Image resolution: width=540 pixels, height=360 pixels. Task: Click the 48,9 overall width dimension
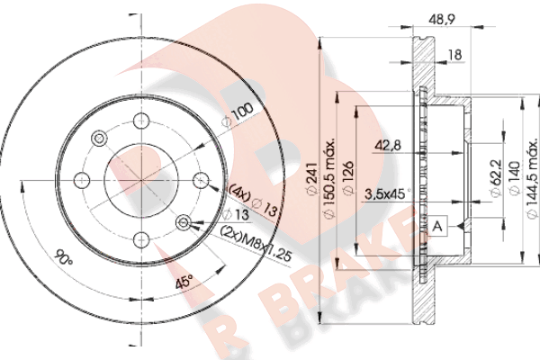coord(442,20)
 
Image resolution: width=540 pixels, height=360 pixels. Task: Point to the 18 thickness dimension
coord(454,55)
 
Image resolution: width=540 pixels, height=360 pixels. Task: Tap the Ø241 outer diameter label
coord(311,179)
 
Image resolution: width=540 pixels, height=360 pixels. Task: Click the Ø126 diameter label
coord(347,177)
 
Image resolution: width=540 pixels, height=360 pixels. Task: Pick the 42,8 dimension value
coord(388,146)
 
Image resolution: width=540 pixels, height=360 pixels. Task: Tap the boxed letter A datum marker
coord(437,226)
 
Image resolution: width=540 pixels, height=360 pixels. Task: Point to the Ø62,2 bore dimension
coord(496,178)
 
